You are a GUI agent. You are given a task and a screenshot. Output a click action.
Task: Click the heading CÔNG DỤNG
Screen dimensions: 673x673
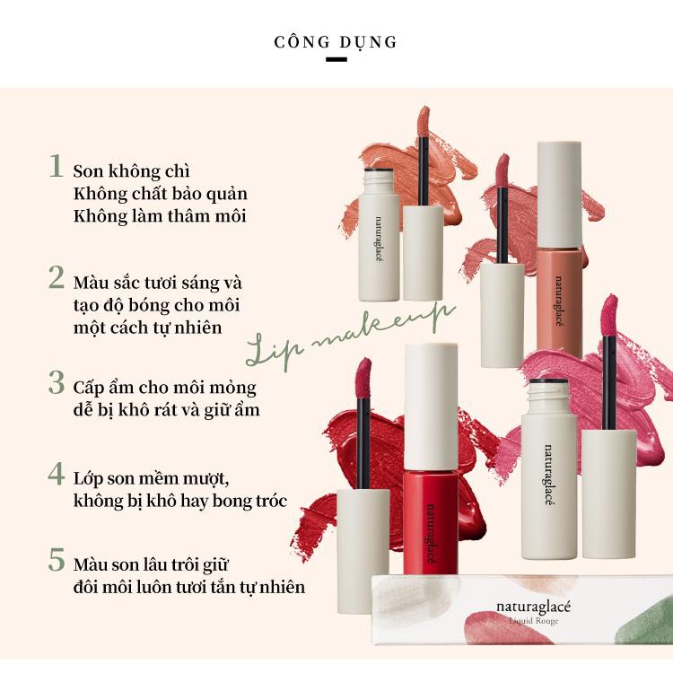coord(336,42)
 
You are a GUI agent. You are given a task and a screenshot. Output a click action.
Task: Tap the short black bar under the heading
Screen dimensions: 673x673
coord(336,59)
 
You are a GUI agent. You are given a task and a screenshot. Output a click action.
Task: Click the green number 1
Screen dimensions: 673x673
coord(57,166)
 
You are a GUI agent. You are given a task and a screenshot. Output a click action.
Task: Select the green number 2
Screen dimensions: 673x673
coord(57,277)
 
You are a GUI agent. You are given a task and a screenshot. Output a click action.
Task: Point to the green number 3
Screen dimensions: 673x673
coord(57,383)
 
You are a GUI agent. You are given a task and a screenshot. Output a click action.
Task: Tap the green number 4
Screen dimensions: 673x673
coord(57,474)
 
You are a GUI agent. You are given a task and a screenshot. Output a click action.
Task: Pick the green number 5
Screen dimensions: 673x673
coord(57,560)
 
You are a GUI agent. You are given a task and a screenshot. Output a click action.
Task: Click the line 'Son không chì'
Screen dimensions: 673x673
coord(131,171)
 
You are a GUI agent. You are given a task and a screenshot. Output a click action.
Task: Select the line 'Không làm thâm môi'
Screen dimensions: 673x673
coord(160,216)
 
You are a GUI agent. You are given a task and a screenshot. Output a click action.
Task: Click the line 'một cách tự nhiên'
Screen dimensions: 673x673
coord(148,328)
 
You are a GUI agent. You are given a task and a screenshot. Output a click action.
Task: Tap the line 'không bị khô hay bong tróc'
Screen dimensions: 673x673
coord(180,501)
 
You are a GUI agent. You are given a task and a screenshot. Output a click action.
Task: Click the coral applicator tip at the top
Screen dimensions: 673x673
coord(424,121)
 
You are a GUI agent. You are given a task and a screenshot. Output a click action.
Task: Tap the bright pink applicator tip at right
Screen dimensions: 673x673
coord(609,316)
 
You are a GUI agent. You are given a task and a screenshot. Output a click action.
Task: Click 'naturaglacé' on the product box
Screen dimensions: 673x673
coord(534,607)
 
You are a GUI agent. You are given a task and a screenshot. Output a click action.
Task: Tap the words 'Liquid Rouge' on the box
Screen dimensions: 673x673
coord(534,621)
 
